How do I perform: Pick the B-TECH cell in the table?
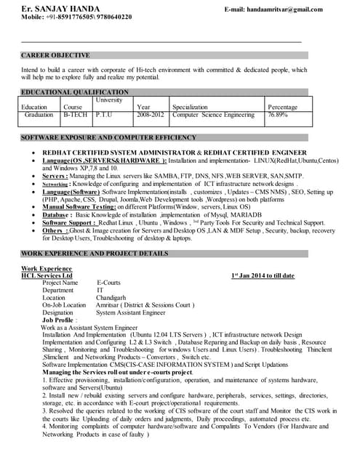click(76, 115)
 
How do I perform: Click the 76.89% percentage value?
click(278, 115)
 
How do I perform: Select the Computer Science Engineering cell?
click(213, 115)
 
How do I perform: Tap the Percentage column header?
click(282, 107)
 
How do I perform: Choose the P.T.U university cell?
click(105, 115)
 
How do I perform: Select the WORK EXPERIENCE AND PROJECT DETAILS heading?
click(95, 254)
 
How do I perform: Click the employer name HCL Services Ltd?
click(47, 276)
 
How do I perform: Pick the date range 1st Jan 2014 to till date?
click(263, 276)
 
